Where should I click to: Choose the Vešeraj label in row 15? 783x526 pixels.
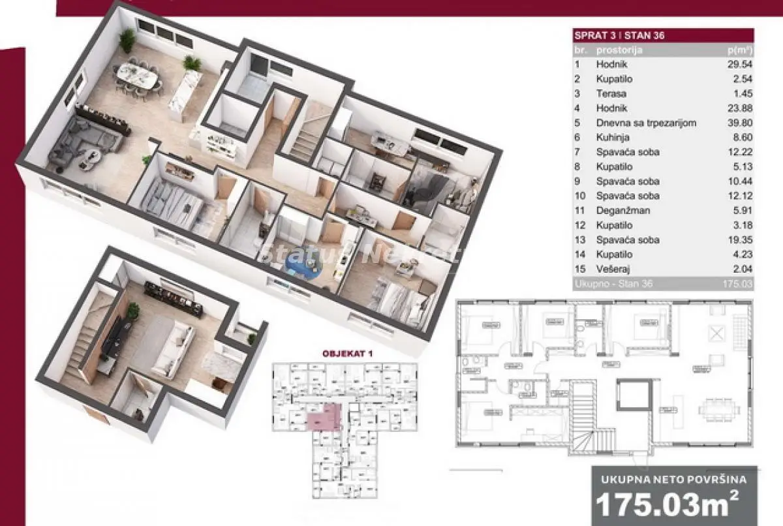click(612, 268)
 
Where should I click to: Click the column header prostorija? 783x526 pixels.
click(619, 50)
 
